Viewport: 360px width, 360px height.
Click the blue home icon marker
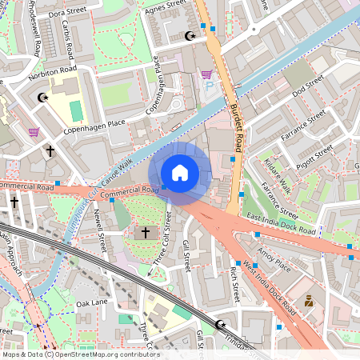pyautogui.click(x=180, y=173)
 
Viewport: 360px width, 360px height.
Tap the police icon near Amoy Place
pyautogui.click(x=308, y=302)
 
